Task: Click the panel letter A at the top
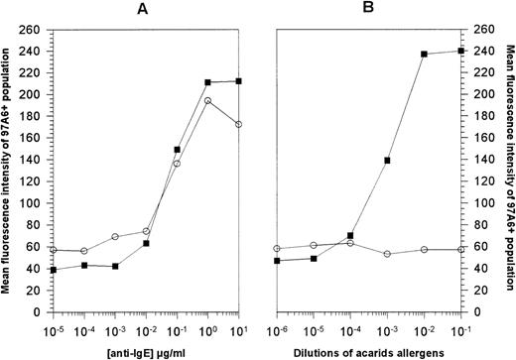147,10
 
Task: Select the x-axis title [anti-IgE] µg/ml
147,348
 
